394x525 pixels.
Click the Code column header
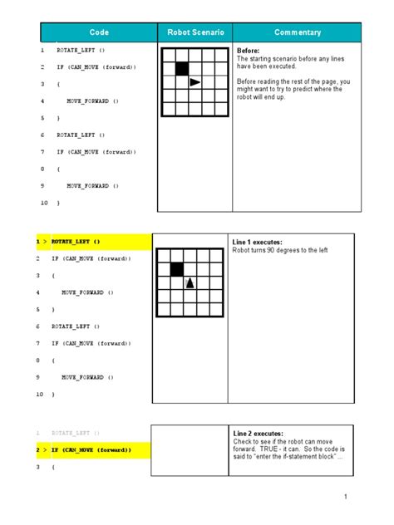99,32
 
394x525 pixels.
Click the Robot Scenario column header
195,32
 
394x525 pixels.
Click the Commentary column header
297,32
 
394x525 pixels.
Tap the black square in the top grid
182,69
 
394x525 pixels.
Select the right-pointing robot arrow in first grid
195,82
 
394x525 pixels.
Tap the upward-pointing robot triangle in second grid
190,283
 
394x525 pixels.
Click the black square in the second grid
176,269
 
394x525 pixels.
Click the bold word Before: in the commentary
249,51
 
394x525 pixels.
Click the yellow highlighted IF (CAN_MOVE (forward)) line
91,450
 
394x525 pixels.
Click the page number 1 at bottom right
343,497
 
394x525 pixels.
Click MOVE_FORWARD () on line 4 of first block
93,101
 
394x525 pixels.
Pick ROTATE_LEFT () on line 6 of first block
81,135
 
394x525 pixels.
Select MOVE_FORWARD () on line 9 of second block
87,377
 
